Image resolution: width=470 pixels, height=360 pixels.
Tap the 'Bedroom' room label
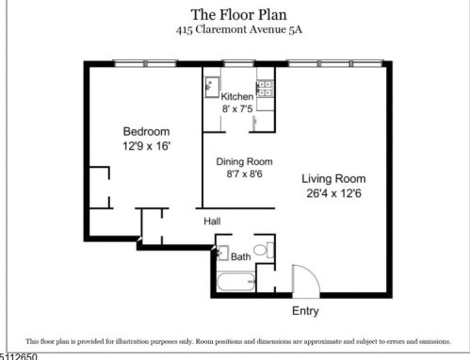click(x=146, y=131)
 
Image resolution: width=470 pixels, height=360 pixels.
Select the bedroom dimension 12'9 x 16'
click(x=146, y=146)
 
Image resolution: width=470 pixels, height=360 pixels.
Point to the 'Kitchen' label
click(x=237, y=97)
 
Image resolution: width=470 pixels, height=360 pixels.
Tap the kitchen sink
click(x=210, y=87)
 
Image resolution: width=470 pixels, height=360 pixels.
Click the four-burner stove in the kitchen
click(x=266, y=88)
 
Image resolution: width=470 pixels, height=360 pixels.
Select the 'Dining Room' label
click(x=236, y=161)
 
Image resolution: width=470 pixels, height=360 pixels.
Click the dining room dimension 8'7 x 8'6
click(x=236, y=174)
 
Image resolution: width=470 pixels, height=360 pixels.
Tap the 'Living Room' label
click(x=333, y=178)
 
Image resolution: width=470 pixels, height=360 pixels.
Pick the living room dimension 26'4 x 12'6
click(x=333, y=193)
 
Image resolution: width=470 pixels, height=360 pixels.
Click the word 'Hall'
click(x=213, y=221)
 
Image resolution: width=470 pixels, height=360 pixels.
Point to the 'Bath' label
click(x=241, y=256)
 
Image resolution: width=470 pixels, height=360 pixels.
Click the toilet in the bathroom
click(x=268, y=251)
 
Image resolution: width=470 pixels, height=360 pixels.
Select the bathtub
click(x=235, y=283)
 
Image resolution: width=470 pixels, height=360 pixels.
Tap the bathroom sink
click(x=220, y=254)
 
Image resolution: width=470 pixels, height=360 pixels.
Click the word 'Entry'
click(x=305, y=311)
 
